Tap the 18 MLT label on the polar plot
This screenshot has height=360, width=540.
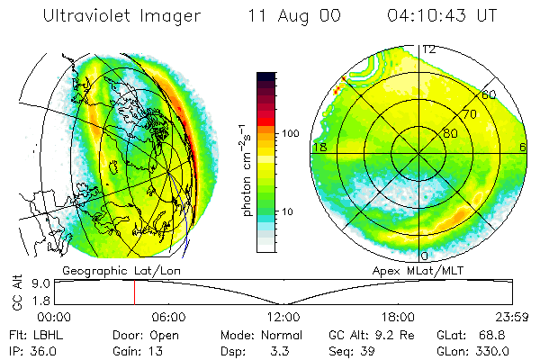pyautogui.click(x=319, y=147)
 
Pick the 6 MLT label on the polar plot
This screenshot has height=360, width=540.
pyautogui.click(x=523, y=147)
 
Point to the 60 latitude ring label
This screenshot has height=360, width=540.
pyautogui.click(x=489, y=94)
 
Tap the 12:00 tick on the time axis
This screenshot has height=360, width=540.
pyautogui.click(x=283, y=317)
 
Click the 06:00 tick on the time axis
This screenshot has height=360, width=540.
pyautogui.click(x=169, y=317)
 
